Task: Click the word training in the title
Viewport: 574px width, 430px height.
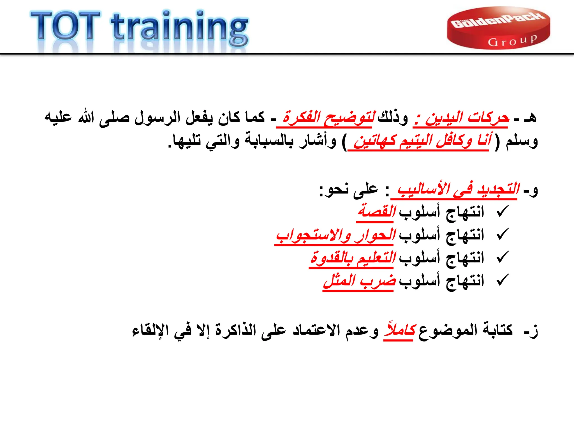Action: (179, 28)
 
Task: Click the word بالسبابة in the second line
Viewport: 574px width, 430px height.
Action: (269, 141)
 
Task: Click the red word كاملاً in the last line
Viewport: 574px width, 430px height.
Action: (400, 330)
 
